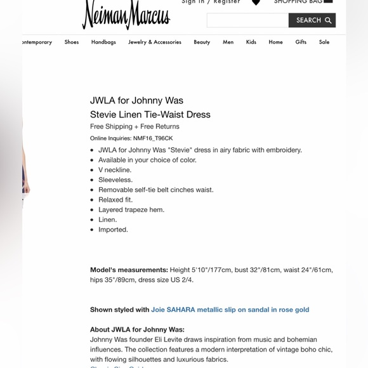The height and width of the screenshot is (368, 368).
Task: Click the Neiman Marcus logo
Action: pyautogui.click(x=126, y=14)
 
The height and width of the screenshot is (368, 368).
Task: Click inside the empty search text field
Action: pyautogui.click(x=247, y=20)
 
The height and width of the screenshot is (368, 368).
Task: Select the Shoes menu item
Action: pyautogui.click(x=72, y=42)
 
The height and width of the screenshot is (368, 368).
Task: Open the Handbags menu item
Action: pyautogui.click(x=103, y=42)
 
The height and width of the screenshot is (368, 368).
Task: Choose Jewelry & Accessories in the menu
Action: pyautogui.click(x=155, y=42)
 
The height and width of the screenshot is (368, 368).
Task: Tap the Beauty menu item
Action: pyautogui.click(x=202, y=42)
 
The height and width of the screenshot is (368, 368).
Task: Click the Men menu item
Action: pyautogui.click(x=228, y=42)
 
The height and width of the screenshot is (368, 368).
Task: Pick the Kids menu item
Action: pyautogui.click(x=251, y=42)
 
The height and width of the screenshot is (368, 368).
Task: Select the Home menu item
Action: pyautogui.click(x=275, y=42)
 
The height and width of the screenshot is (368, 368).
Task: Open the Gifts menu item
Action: pyautogui.click(x=301, y=42)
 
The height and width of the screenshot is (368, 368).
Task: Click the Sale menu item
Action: pyautogui.click(x=324, y=42)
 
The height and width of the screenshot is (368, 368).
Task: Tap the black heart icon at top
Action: pyautogui.click(x=256, y=3)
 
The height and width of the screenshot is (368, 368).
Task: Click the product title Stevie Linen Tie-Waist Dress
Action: pyautogui.click(x=150, y=114)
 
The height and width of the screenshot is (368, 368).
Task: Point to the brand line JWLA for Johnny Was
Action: pyautogui.click(x=136, y=100)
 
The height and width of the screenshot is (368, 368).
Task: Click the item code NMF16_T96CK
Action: pyautogui.click(x=152, y=138)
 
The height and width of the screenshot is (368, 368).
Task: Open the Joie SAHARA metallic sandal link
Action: pyautogui.click(x=230, y=310)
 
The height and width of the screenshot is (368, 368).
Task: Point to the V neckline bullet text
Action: pyautogui.click(x=115, y=170)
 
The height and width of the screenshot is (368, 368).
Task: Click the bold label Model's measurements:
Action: pyautogui.click(x=129, y=270)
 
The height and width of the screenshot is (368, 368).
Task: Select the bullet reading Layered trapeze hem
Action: pyautogui.click(x=131, y=209)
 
